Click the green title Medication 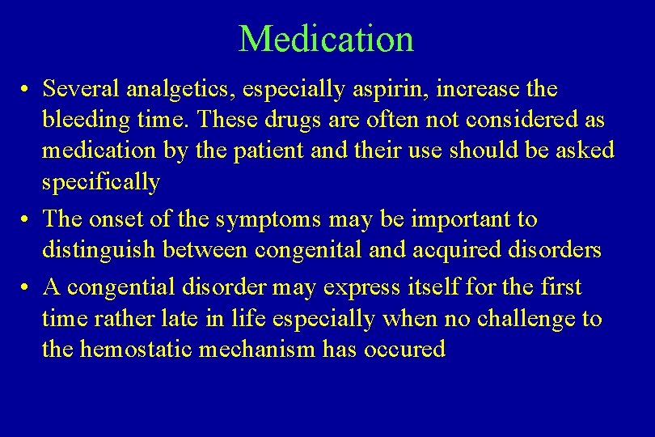pos(326,39)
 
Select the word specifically pos(100,181)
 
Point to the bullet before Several pos(27,89)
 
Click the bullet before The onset pos(27,220)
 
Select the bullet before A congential pos(27,287)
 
